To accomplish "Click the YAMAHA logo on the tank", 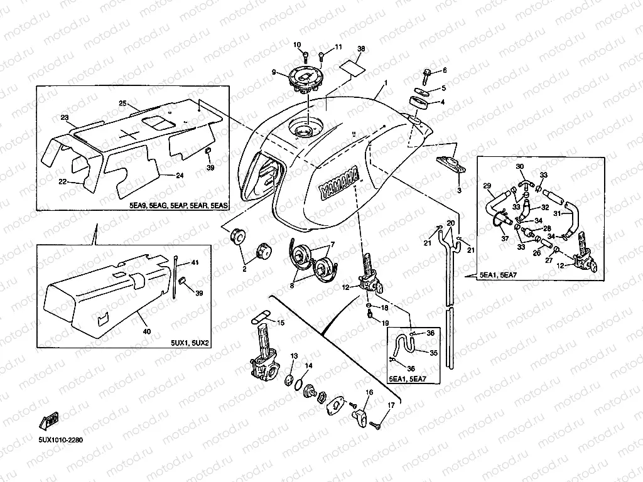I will pyautogui.click(x=340, y=183).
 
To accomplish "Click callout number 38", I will pyautogui.click(x=360, y=49).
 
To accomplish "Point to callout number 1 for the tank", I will pyautogui.click(x=386, y=83).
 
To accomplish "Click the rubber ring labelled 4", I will pyautogui.click(x=418, y=101).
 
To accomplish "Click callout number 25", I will pyautogui.click(x=123, y=103).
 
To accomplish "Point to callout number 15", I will pyautogui.click(x=281, y=323).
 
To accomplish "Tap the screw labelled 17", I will pyautogui.click(x=377, y=425).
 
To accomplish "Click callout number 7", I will pyautogui.click(x=333, y=244).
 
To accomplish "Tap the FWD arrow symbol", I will pyautogui.click(x=51, y=420).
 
